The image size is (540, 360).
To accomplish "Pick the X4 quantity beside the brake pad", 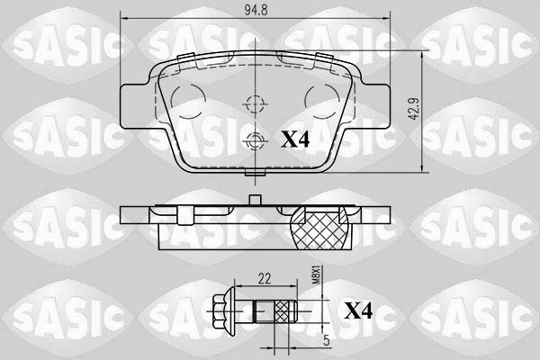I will [298, 139].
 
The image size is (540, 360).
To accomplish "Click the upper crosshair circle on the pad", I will [256, 103].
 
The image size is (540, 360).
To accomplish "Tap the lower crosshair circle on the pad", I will [256, 139].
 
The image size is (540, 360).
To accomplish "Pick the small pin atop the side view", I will [256, 201].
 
